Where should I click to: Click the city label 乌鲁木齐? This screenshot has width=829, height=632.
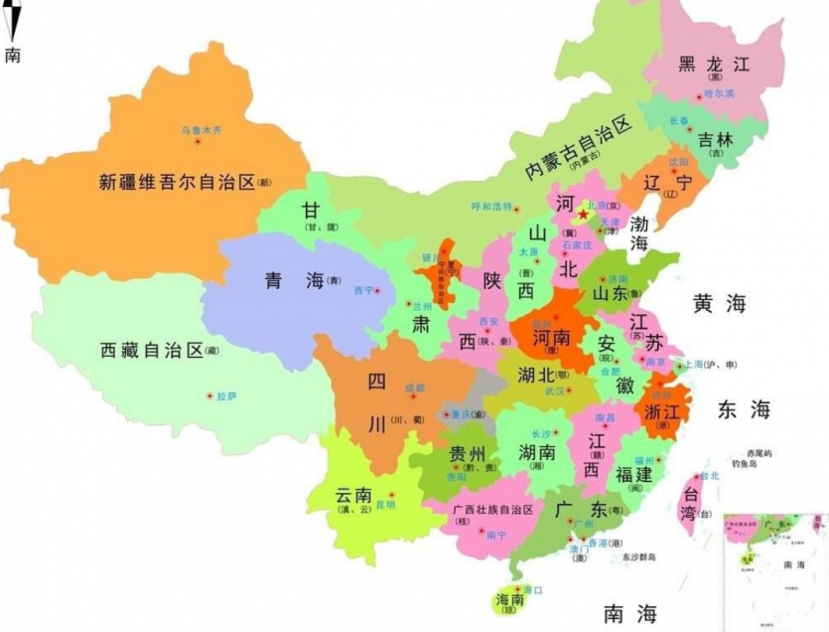(202, 130)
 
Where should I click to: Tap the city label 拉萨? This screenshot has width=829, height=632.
(226, 395)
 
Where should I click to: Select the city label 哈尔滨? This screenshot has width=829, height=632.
(719, 93)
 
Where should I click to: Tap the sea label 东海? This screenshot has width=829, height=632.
(744, 409)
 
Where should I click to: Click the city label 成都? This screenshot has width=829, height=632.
(414, 388)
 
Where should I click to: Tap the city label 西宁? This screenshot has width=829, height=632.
(363, 290)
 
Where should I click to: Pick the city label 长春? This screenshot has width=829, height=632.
(680, 120)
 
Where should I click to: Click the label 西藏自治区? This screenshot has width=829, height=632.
(152, 350)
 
